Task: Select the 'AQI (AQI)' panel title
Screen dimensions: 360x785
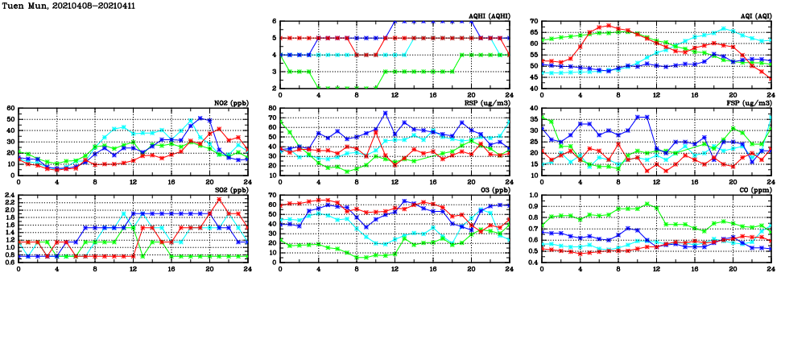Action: point(754,16)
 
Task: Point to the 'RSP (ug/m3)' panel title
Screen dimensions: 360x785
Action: point(489,103)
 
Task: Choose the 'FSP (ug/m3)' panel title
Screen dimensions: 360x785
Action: point(750,103)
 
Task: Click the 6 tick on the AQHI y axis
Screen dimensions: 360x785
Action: point(275,22)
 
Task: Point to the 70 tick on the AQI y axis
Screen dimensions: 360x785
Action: point(535,22)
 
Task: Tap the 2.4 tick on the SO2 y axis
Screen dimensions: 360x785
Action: point(9,196)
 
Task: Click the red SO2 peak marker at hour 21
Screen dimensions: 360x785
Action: point(219,199)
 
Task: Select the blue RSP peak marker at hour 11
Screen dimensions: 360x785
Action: point(386,114)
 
